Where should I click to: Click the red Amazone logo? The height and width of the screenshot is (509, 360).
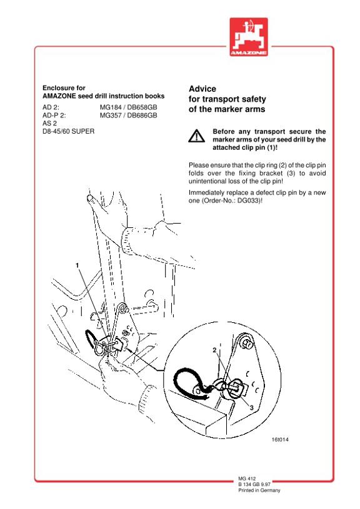[249, 37]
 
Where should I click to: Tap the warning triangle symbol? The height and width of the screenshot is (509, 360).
[196, 136]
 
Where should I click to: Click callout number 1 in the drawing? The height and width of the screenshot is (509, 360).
[77, 265]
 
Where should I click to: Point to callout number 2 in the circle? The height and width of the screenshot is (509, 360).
[214, 350]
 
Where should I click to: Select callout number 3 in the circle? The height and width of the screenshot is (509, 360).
[251, 407]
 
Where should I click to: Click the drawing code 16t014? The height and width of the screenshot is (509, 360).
[280, 440]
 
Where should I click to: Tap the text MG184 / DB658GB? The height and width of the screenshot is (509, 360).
[128, 107]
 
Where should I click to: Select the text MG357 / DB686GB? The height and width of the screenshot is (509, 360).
[128, 116]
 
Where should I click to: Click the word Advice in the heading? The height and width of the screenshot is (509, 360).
[202, 89]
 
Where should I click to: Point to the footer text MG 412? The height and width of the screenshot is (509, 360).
[247, 478]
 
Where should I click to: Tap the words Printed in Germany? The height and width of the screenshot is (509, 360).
[259, 490]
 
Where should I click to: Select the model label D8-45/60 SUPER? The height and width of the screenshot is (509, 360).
[68, 132]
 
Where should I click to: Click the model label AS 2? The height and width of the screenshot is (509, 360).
[49, 124]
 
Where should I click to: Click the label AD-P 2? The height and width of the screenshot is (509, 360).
[54, 116]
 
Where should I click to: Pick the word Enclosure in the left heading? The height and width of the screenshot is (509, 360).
[54, 88]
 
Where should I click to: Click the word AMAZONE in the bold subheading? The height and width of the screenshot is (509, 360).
[59, 96]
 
